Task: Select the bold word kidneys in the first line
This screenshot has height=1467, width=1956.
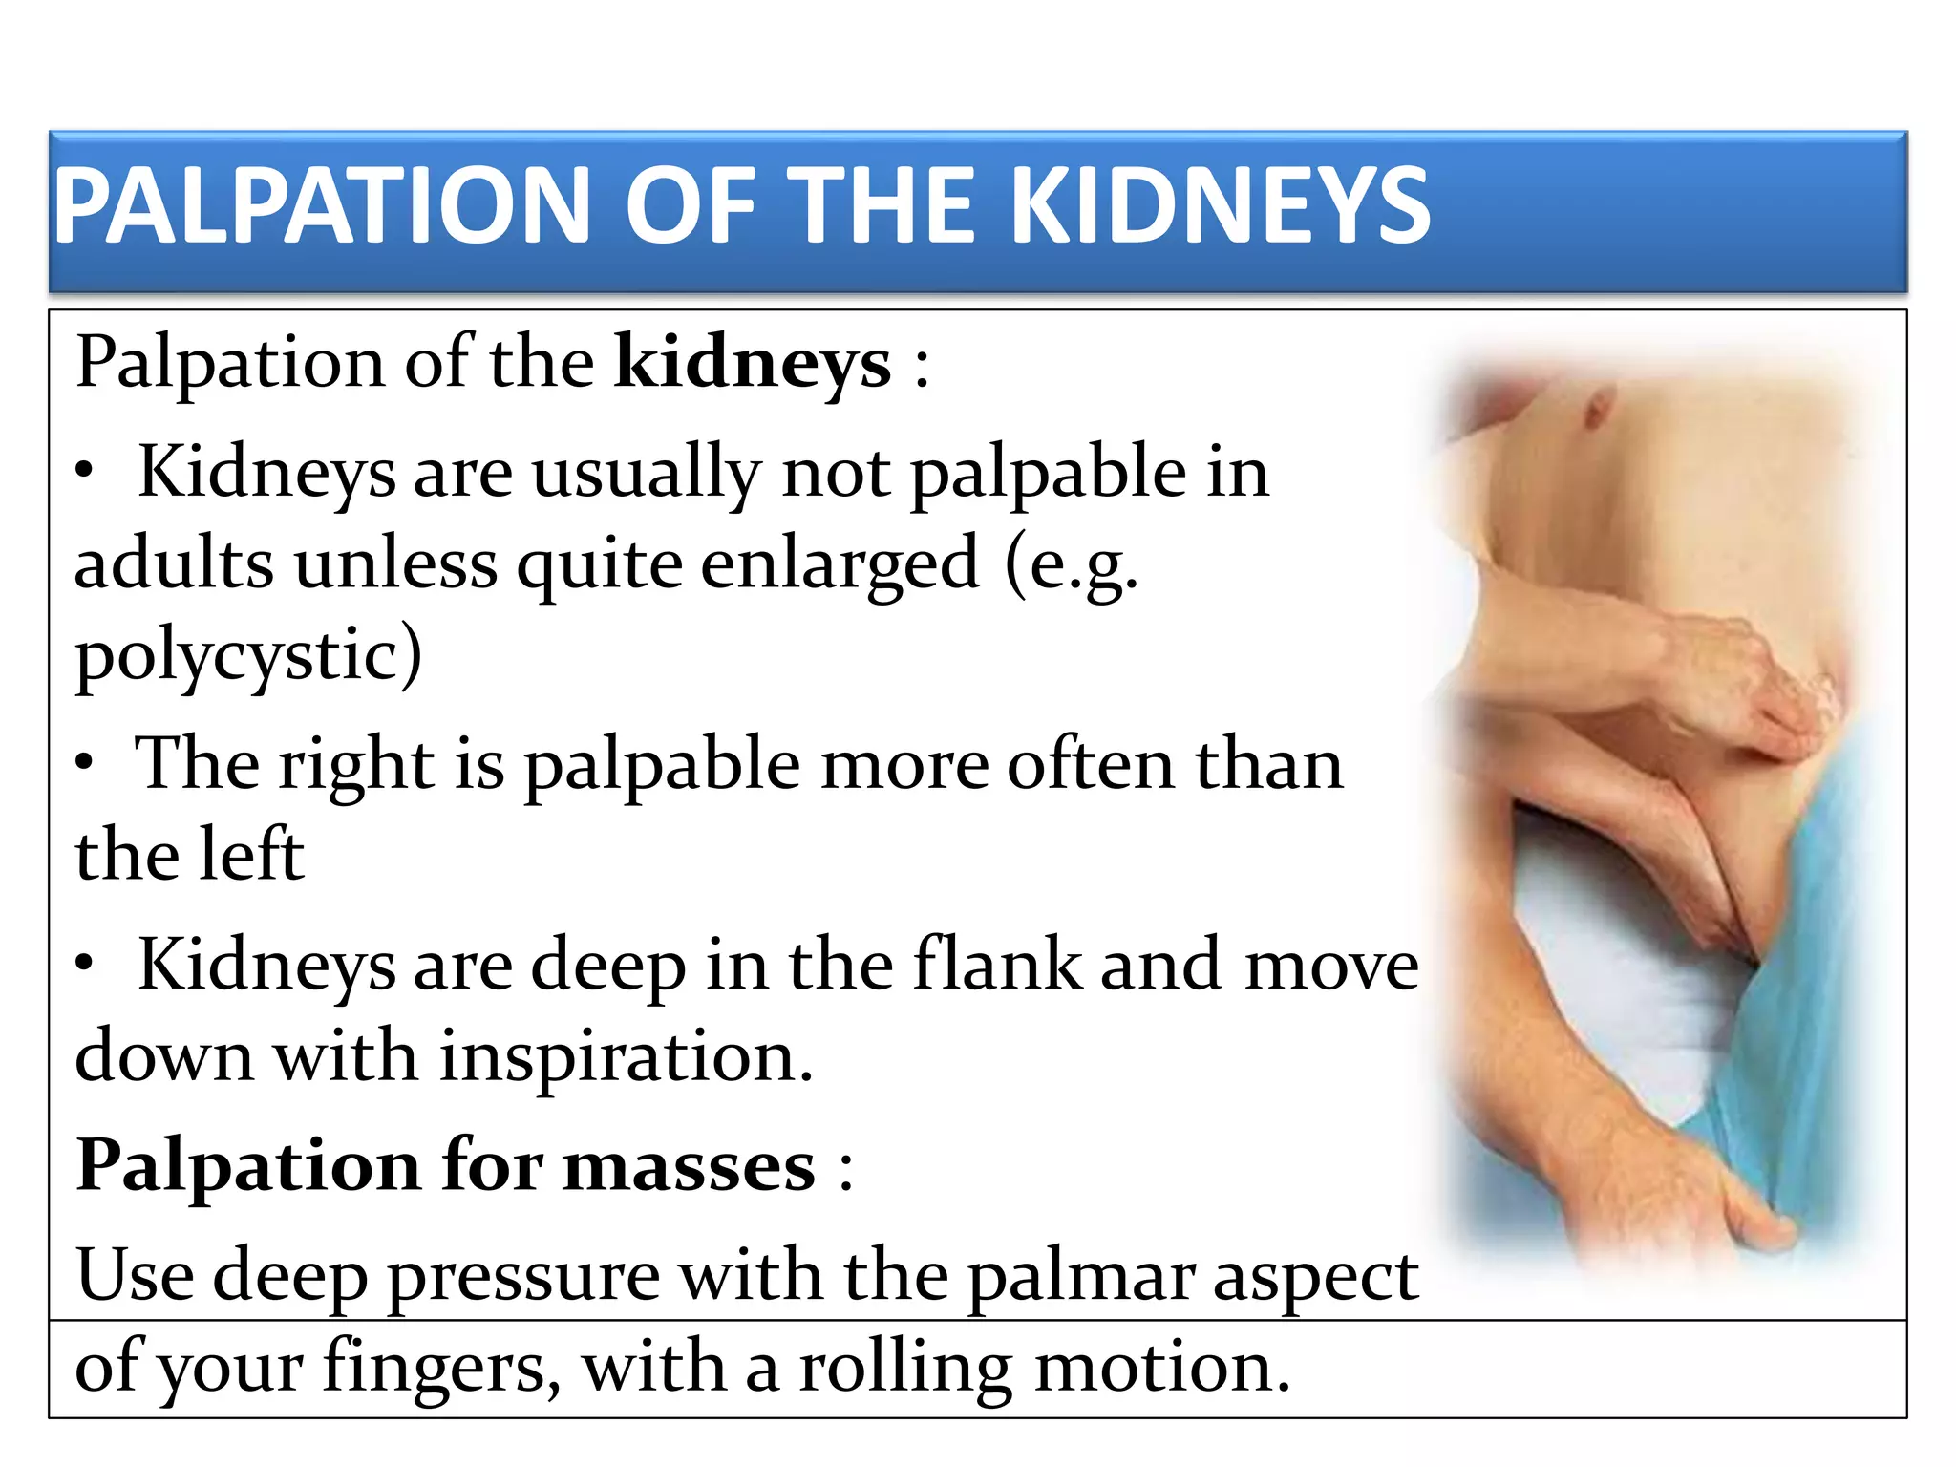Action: pos(753,364)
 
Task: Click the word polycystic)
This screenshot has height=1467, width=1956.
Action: pos(248,656)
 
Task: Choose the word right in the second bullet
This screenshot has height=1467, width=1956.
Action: pos(356,765)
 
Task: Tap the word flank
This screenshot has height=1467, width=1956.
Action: pos(997,966)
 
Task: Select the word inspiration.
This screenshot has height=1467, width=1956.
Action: pos(626,1057)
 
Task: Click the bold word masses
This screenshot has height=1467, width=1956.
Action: pos(689,1166)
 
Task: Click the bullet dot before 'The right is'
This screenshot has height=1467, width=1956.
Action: pos(85,763)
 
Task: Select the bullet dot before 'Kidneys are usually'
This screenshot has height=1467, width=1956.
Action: pos(85,471)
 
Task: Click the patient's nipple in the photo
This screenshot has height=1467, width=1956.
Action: pos(1594,413)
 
